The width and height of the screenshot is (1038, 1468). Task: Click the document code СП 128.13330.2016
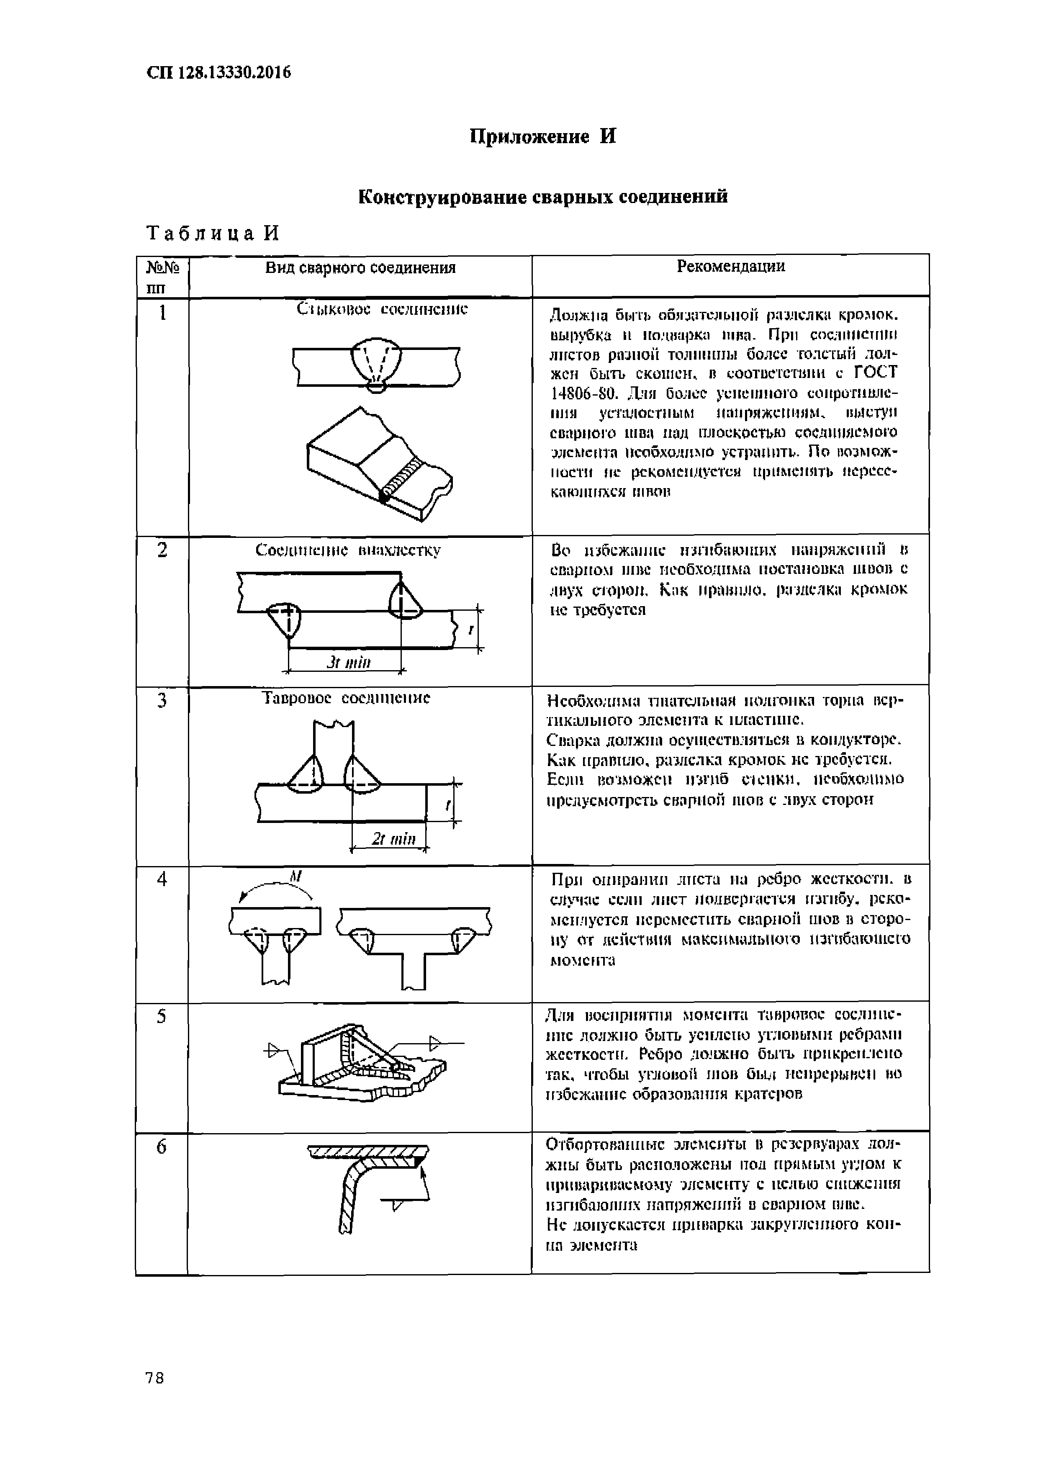click(x=218, y=73)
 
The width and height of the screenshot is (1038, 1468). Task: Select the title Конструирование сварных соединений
click(x=543, y=196)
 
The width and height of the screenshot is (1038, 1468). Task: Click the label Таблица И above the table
click(x=213, y=234)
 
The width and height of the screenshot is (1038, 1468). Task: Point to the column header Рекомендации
click(x=730, y=267)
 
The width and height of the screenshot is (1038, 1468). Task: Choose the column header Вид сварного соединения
click(x=360, y=268)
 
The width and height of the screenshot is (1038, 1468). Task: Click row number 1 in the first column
click(x=162, y=313)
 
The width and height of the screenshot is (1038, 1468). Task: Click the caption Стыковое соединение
click(x=382, y=309)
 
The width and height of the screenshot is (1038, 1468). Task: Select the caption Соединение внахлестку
click(x=348, y=550)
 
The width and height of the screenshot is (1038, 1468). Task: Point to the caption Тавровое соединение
click(x=347, y=697)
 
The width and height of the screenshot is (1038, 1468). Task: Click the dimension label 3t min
click(x=348, y=662)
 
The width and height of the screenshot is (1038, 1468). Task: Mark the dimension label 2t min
click(x=394, y=839)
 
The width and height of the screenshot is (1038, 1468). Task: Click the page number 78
click(x=155, y=1378)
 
